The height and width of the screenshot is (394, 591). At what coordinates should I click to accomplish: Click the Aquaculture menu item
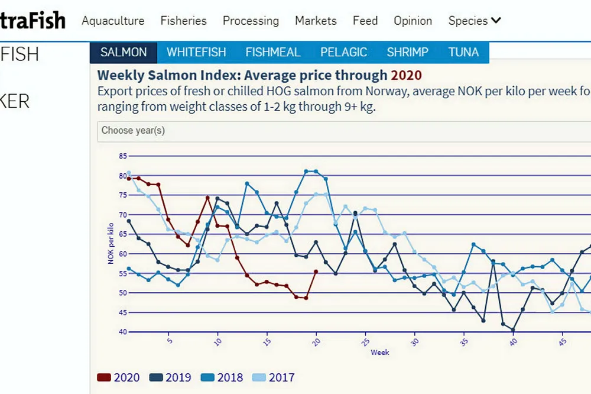click(113, 21)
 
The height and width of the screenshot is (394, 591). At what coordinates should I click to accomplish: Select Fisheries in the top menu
click(184, 21)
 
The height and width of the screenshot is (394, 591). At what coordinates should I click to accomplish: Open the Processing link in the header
click(251, 21)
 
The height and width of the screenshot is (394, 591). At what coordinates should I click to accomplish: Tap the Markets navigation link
click(316, 21)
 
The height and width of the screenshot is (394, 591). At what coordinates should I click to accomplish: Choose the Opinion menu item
click(413, 21)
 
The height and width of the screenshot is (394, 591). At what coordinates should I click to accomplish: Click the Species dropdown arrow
click(496, 21)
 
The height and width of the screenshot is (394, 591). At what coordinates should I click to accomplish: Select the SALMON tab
click(124, 52)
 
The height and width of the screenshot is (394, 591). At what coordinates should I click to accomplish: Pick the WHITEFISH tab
click(196, 52)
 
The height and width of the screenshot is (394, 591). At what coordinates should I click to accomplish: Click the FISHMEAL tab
click(273, 52)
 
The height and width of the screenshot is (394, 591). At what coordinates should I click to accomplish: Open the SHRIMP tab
click(407, 52)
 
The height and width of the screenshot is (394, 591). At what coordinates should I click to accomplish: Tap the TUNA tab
click(463, 52)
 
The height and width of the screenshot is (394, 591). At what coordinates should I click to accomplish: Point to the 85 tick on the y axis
click(123, 156)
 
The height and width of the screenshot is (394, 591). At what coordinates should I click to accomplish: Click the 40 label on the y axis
click(123, 331)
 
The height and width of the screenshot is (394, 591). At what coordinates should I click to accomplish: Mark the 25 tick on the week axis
click(366, 341)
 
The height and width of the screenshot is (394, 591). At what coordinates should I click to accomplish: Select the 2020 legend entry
click(119, 377)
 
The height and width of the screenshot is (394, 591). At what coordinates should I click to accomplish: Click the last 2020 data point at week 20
click(316, 272)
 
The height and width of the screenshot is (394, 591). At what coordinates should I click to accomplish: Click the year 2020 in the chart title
click(406, 75)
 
